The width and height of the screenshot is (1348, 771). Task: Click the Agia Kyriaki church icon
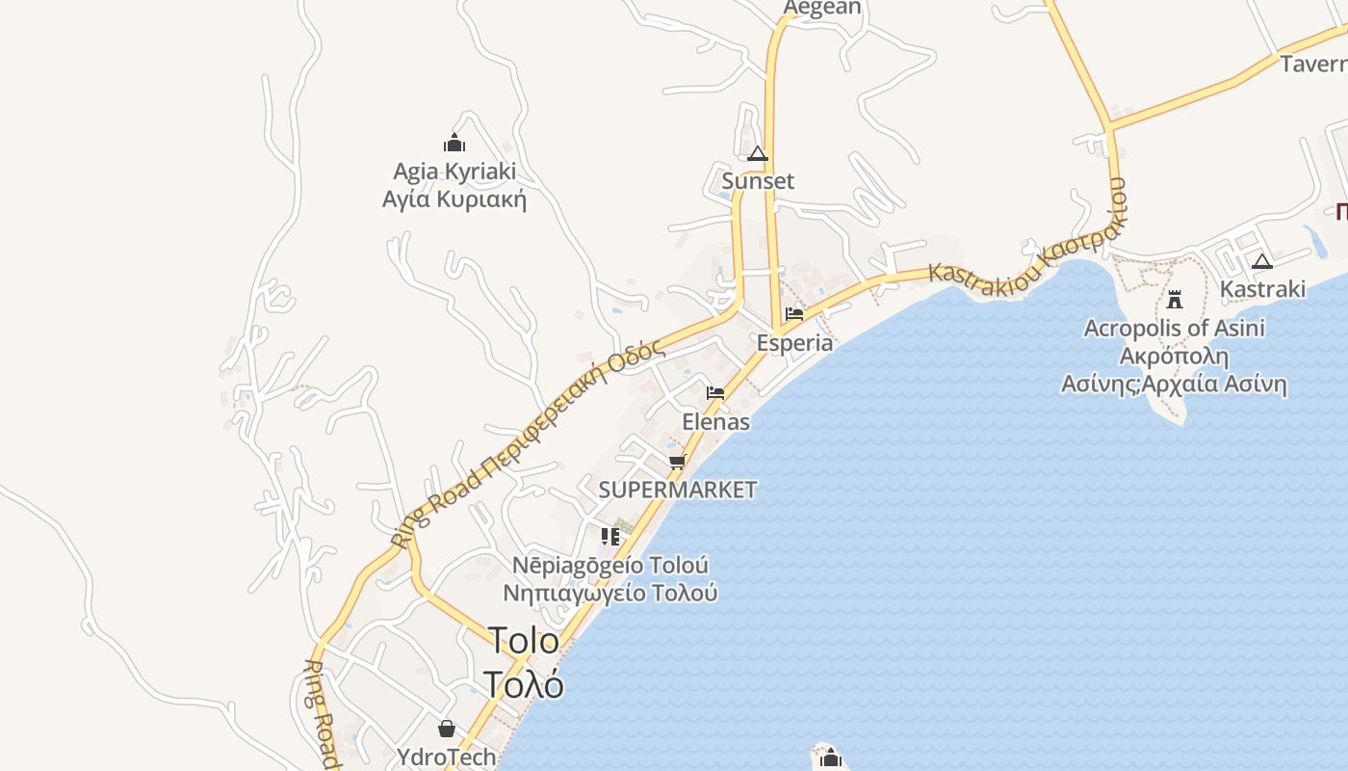(454, 145)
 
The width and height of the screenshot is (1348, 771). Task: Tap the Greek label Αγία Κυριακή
(454, 199)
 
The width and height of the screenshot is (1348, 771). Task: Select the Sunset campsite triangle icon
(758, 154)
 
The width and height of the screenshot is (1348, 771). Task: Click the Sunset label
(758, 181)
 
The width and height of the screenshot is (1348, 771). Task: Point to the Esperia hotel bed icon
(794, 314)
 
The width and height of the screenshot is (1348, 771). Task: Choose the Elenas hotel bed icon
(715, 393)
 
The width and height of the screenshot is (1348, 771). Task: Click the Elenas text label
(715, 422)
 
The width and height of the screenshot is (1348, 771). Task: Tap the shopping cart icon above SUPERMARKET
(678, 463)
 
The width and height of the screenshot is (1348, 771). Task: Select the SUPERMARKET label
(678, 490)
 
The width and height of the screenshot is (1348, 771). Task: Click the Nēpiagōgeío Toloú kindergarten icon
(610, 536)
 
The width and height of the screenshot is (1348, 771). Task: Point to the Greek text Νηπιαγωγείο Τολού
(610, 593)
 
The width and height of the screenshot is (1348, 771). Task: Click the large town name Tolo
(523, 641)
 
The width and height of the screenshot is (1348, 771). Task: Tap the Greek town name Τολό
(523, 684)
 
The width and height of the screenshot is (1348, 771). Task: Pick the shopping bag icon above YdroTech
(447, 729)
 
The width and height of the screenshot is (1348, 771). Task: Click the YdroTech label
(447, 758)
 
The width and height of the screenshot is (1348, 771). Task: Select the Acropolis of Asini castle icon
(1174, 299)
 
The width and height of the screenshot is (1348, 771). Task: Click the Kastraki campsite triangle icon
(1262, 261)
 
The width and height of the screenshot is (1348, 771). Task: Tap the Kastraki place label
(1262, 289)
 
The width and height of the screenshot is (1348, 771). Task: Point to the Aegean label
(821, 8)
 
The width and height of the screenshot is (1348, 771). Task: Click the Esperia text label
(794, 343)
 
